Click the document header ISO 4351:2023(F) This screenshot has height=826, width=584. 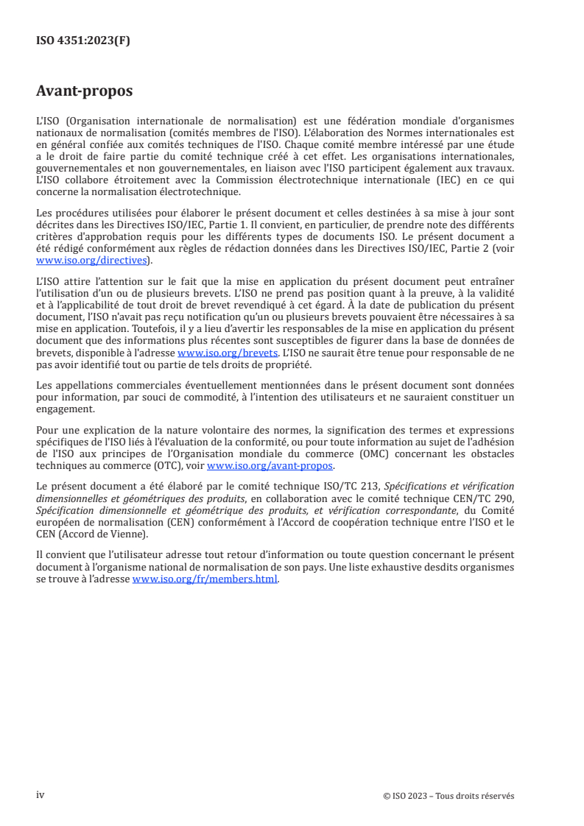pos(83,41)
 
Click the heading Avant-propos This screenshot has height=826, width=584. pos(84,92)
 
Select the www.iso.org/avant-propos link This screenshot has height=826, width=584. pos(270,466)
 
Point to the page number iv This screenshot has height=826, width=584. pos(41,795)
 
